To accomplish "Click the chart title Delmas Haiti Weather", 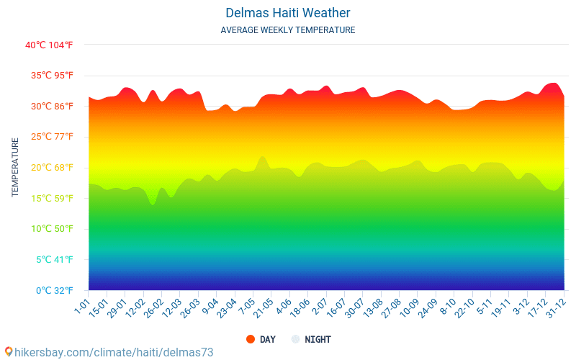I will coord(287,13).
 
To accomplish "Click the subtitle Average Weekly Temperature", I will coord(287,30).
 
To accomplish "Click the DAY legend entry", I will coord(261,339).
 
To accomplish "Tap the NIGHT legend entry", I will coord(311,339).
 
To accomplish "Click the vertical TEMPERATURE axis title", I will coord(15,168).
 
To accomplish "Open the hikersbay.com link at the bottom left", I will coord(108,352).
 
